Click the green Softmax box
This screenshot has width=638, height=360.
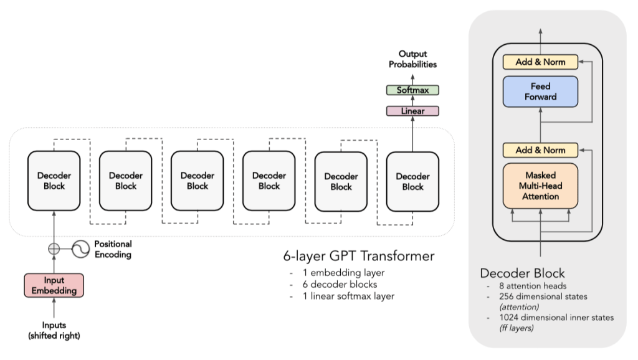[412, 90]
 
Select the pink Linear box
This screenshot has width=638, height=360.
[412, 111]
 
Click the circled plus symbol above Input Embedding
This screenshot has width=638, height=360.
[54, 248]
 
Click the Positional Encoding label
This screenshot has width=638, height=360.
[113, 249]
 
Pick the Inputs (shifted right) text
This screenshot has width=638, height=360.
[54, 329]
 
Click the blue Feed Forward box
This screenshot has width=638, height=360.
[541, 92]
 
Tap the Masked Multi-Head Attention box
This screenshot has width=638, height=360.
[541, 186]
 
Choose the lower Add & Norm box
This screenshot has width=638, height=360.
[541, 149]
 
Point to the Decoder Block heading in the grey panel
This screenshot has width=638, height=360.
[521, 273]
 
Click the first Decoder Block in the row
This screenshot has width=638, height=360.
[54, 181]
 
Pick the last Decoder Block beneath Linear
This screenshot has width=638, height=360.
[412, 181]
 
